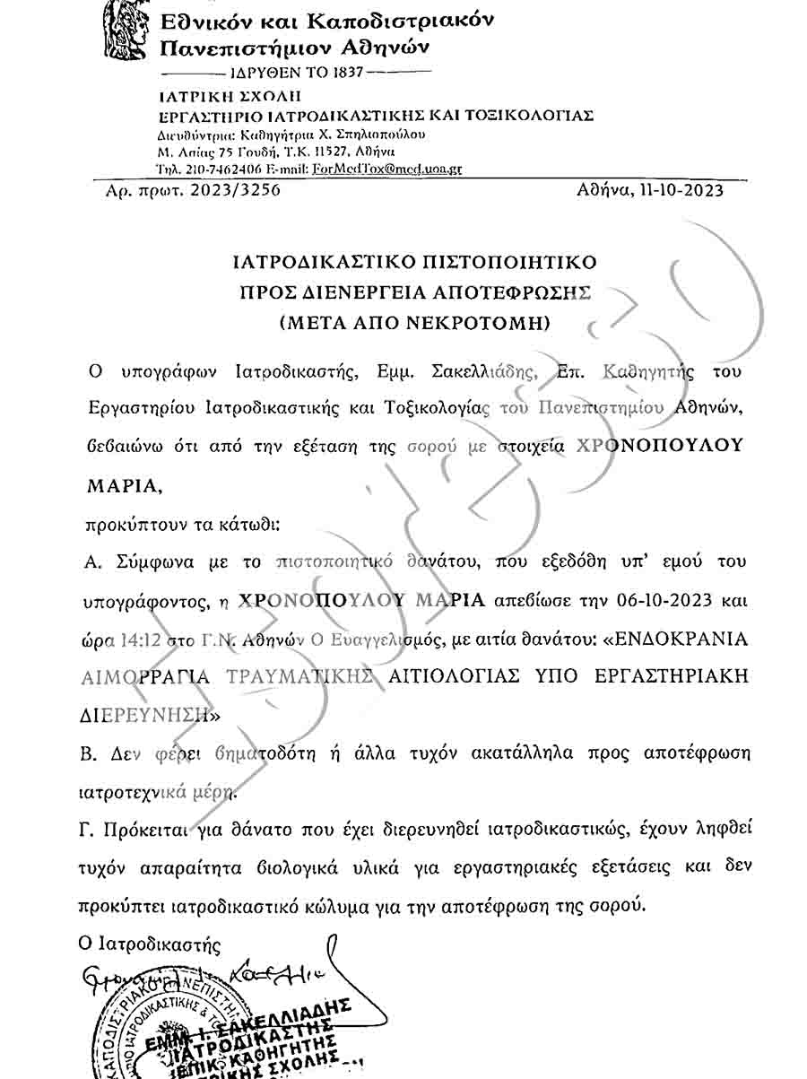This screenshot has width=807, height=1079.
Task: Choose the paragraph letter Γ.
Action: pos(88,829)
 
